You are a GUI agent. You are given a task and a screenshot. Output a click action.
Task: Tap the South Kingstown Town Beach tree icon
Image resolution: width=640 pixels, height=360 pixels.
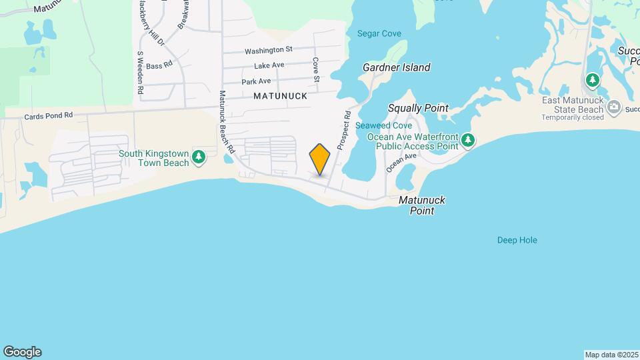tap(199, 157)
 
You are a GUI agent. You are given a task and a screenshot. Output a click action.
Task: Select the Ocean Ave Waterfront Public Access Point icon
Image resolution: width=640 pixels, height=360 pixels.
tap(469, 140)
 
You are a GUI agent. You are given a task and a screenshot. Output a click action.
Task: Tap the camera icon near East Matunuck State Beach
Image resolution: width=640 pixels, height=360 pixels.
tap(614, 107)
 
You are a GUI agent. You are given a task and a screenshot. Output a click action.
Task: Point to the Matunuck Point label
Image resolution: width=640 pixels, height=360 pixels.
tap(422, 205)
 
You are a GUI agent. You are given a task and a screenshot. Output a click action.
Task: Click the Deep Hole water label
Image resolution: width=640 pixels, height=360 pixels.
tap(517, 240)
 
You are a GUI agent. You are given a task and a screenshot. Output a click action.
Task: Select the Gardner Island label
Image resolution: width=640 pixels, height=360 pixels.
tap(396, 67)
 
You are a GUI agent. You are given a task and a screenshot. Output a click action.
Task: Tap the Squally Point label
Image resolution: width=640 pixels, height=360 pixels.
tap(418, 108)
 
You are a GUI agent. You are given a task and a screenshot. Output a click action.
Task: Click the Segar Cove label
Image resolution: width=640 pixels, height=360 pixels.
tap(379, 33)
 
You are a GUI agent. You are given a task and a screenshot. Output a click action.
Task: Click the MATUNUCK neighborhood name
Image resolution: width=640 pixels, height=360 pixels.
tap(280, 96)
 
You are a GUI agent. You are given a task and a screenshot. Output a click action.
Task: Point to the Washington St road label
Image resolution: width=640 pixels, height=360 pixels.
tap(269, 50)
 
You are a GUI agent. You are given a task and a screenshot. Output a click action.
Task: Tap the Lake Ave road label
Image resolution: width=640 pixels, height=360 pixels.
tap(269, 65)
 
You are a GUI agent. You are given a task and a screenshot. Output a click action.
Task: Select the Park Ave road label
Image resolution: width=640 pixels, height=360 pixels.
tap(256, 81)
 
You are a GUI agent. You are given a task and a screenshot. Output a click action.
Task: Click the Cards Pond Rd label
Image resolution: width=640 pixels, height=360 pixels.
tap(48, 115)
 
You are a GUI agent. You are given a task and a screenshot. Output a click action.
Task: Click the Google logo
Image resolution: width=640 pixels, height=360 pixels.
tap(22, 352)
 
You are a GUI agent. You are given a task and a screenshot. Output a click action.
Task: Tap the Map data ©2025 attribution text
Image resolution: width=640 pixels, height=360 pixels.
tap(610, 355)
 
